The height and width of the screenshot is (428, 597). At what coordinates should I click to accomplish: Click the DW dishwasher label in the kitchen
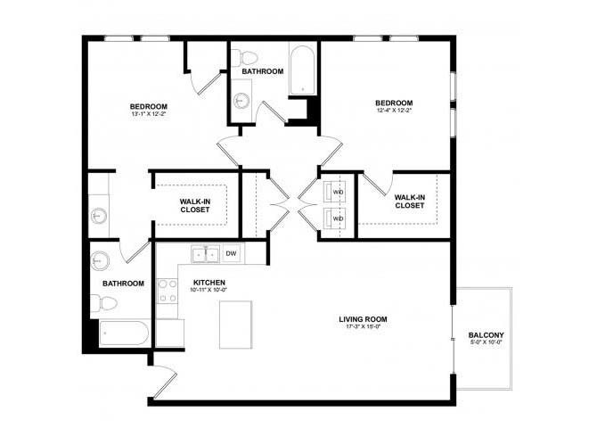231,254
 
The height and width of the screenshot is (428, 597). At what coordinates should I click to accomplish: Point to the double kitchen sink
207,254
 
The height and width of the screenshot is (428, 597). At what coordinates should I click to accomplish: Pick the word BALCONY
487,336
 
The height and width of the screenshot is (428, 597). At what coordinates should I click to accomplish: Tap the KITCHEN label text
210,283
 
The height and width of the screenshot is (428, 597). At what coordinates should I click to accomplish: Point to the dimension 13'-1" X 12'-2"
149,113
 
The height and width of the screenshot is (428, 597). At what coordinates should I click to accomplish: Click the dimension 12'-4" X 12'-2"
393,111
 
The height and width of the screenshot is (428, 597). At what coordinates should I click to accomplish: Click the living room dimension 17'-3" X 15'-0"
363,327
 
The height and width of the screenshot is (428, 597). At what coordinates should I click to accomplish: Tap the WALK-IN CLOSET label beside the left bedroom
195,206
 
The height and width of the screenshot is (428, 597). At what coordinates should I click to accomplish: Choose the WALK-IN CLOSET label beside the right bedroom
410,202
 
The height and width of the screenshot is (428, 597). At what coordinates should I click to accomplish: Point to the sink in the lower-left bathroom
99,261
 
